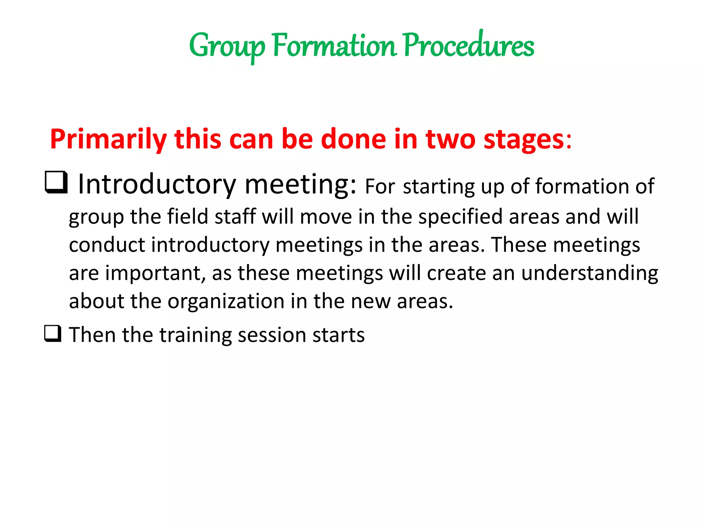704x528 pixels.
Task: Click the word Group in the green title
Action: pos(227,46)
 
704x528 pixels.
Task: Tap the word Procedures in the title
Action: pos(468,46)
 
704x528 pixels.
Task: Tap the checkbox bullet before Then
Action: pos(53,334)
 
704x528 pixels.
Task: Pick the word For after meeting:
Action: pos(379,187)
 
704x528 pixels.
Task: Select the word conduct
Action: pos(107,245)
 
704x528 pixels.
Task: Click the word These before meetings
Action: pos(518,245)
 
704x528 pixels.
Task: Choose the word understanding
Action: pos(589,273)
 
